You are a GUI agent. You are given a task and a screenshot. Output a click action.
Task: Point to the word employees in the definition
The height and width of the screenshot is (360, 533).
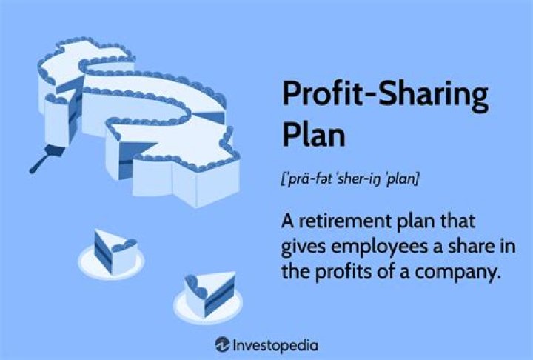(x=392, y=246)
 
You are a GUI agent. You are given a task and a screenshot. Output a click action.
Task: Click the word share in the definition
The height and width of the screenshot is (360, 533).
(x=480, y=246)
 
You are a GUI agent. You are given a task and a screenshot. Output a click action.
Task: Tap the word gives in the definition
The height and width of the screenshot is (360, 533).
(x=304, y=246)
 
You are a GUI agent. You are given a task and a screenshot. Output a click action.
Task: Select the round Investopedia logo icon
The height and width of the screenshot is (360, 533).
(x=221, y=344)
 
